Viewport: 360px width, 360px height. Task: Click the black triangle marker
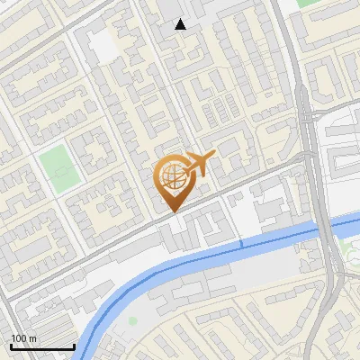click(x=181, y=24)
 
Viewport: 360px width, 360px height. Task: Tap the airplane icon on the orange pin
click(x=200, y=164)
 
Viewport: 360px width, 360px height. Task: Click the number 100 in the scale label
click(x=18, y=338)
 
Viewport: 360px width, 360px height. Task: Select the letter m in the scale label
click(x=32, y=338)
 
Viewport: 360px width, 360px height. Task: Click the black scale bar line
click(x=41, y=346)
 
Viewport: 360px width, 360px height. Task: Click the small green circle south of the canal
click(x=133, y=320)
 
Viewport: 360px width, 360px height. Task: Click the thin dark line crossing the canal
click(x=241, y=243)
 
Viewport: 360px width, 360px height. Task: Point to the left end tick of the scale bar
click(x=10, y=346)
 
